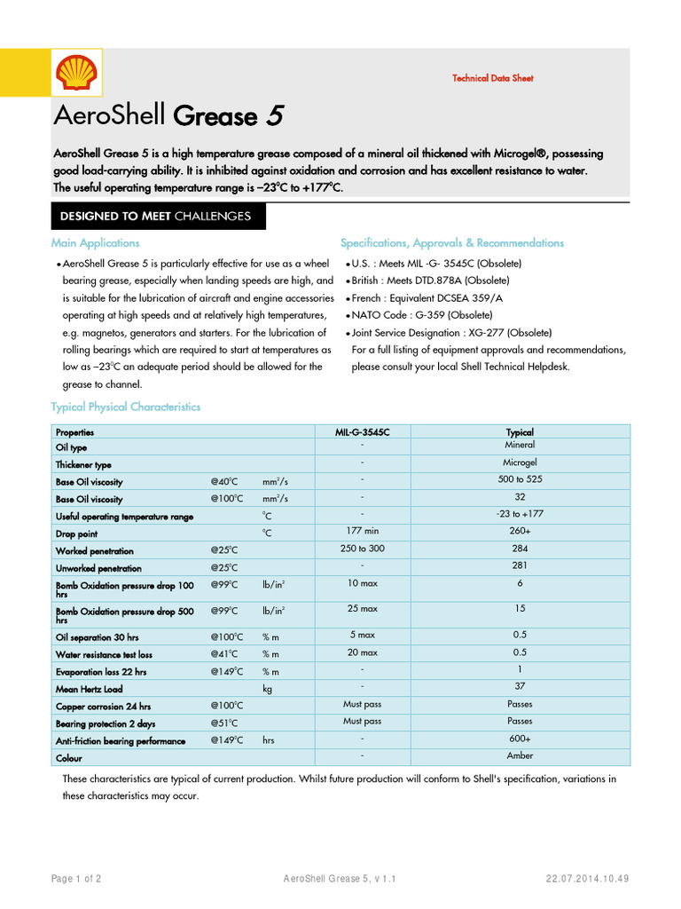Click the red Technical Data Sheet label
pyautogui.click(x=492, y=78)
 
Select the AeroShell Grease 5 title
pyautogui.click(x=169, y=116)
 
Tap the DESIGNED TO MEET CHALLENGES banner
pyautogui.click(x=155, y=216)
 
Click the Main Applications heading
pyautogui.click(x=95, y=242)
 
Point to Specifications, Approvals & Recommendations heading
pyautogui.click(x=452, y=242)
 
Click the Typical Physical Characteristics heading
pyautogui.click(x=126, y=407)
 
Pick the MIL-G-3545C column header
pyautogui.click(x=362, y=432)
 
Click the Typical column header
pyautogui.click(x=520, y=432)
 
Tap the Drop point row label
pyautogui.click(x=76, y=534)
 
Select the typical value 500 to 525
pyautogui.click(x=520, y=479)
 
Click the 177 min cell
pyautogui.click(x=362, y=531)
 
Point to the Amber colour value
pyautogui.click(x=520, y=755)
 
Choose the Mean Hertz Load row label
pyautogui.click(x=89, y=689)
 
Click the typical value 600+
pyautogui.click(x=520, y=738)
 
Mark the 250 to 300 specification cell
pyautogui.click(x=362, y=549)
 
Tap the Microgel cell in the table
pyautogui.click(x=520, y=462)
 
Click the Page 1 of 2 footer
pyautogui.click(x=76, y=879)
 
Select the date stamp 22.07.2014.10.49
pyautogui.click(x=587, y=879)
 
